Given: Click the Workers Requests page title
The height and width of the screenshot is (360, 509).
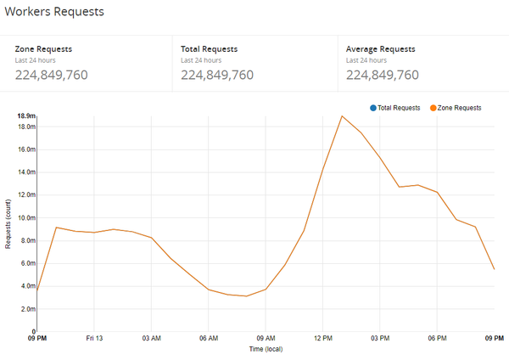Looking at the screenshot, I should click(56, 12).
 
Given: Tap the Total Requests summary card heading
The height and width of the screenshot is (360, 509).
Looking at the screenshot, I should click(209, 49).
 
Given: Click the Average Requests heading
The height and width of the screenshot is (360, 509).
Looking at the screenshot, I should click(381, 49).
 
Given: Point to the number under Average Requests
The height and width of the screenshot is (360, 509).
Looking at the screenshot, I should click(383, 75).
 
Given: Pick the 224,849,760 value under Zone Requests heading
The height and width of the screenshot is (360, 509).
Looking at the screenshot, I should click(52, 75).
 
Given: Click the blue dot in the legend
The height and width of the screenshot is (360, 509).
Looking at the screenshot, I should click(373, 108).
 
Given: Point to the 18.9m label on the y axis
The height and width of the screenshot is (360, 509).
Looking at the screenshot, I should click(26, 115).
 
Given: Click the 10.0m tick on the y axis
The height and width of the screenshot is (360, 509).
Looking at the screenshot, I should click(26, 217).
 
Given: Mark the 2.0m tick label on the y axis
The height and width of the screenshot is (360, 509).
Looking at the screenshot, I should click(27, 309).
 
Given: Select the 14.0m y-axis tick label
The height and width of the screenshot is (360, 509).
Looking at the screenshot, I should click(26, 172).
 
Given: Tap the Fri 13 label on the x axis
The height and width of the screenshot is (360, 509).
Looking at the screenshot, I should click(93, 338).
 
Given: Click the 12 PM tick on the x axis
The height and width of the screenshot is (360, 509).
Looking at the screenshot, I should click(322, 338).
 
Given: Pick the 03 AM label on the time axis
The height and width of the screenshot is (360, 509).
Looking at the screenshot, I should click(151, 338).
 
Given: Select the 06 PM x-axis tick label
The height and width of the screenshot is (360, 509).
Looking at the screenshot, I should click(437, 338).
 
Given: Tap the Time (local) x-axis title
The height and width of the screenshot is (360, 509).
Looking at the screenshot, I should click(266, 349).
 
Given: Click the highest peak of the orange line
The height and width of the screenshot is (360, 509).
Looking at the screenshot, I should click(342, 116).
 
